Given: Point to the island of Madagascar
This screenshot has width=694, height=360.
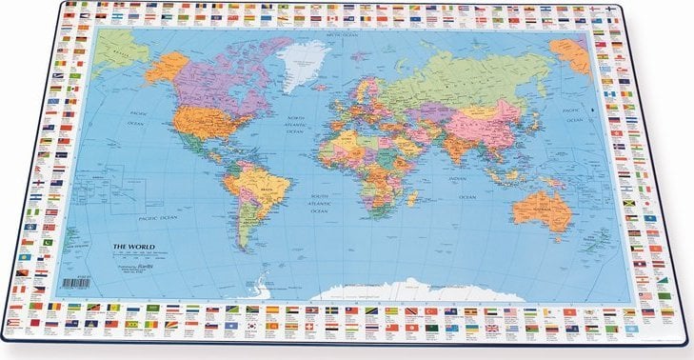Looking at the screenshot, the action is click(x=412, y=199).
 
